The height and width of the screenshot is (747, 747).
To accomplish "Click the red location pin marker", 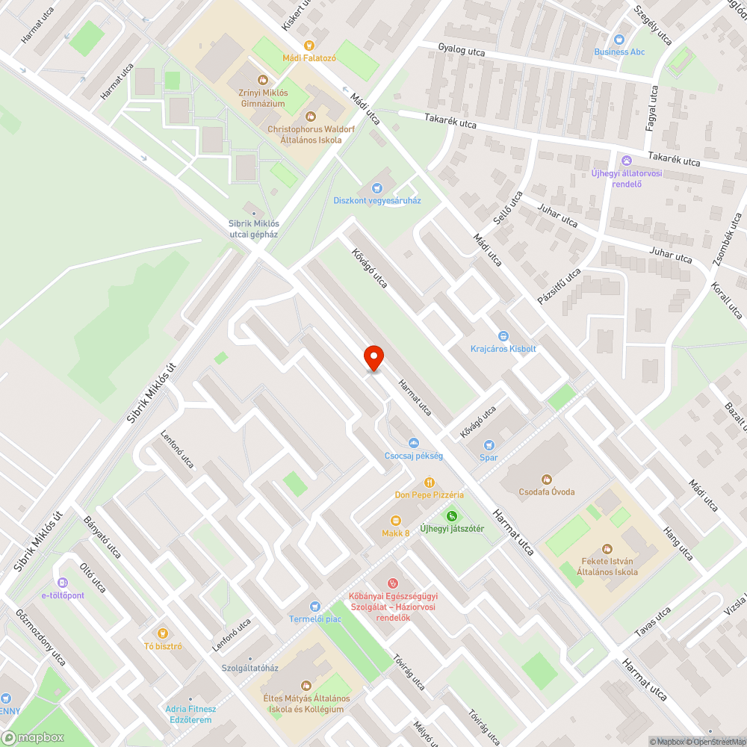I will coord(373,358).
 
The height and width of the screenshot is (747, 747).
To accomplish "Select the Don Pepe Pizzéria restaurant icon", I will coord(429,483).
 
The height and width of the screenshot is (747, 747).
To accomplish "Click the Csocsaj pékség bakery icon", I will coord(414,443).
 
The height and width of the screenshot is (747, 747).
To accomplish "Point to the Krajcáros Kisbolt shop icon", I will coord(503,336).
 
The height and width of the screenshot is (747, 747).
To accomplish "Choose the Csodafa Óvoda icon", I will coord(547,479).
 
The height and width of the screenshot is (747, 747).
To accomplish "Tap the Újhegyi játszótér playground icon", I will coord(451,515).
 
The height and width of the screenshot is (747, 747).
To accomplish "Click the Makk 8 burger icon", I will coord(396,520).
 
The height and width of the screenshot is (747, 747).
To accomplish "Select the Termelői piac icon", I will coord(314,606).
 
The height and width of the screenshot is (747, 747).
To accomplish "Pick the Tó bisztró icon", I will coord(163,633).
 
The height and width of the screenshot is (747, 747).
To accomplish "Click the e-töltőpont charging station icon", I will coord(63,583).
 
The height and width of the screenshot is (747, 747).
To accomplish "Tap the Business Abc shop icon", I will coord(619,40).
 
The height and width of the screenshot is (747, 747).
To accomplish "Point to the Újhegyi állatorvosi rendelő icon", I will coord(626,161).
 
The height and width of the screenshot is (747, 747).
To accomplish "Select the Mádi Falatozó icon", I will coord(309,46).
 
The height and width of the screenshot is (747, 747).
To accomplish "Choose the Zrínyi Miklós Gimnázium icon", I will coord(262,80).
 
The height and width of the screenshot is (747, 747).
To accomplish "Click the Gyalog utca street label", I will coord(462,50).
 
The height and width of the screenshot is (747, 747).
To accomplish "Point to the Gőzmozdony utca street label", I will coord(41,639).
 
